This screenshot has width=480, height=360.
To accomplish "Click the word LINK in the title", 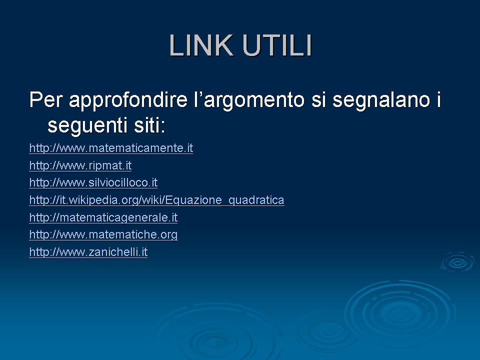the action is (201, 45).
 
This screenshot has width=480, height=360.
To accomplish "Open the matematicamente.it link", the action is (111, 148).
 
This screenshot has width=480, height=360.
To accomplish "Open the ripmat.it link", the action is (80, 165).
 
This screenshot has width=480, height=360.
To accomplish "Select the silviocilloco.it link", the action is (93, 183).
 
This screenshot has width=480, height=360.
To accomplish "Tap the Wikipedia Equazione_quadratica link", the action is (156, 200).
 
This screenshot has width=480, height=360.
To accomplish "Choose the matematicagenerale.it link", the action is (103, 217).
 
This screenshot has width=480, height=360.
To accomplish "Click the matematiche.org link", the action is (103, 235).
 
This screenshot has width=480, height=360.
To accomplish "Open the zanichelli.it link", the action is (88, 252).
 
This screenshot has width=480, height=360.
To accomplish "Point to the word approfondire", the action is (128, 100).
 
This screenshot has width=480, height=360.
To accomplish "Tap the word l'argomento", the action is (249, 100).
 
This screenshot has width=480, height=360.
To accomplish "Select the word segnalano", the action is (381, 100).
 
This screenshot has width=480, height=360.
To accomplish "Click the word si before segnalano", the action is (318, 99).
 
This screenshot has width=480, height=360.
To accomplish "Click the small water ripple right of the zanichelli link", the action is (458, 262).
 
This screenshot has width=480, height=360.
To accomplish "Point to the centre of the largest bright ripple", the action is (400, 313).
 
